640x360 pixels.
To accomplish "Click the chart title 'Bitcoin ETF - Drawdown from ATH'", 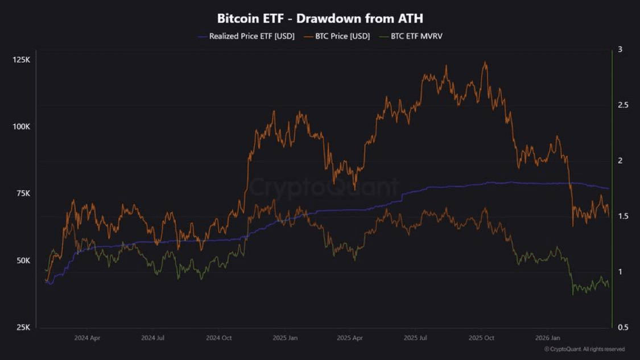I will coord(320,19).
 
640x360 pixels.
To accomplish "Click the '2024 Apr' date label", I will coord(87,338).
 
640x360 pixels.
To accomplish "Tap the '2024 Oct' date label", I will coord(219,338).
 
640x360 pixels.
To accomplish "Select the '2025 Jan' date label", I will coord(285,338).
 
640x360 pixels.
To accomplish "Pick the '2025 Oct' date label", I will coord(482,338).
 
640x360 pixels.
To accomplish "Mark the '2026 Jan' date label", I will coord(548,338).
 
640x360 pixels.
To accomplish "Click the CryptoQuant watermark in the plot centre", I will coord(324,187).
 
